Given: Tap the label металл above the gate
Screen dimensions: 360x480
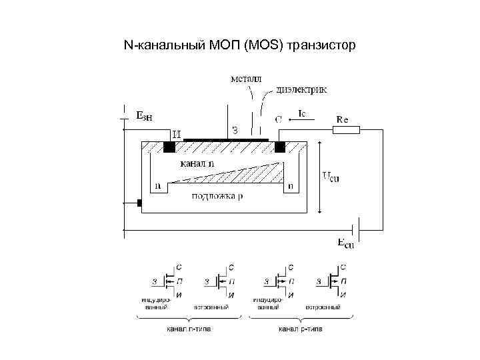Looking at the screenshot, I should [x=246, y=78].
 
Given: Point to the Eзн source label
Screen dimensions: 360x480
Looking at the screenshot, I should [x=145, y=115].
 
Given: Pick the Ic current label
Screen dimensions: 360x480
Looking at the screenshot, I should [x=303, y=114].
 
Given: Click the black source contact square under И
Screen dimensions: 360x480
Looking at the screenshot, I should [x=169, y=147].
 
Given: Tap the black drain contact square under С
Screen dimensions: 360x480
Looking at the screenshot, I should [x=280, y=147].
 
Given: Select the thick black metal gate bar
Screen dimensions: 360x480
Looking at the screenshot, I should [x=225, y=140].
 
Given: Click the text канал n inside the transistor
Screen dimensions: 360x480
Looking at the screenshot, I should [x=197, y=163].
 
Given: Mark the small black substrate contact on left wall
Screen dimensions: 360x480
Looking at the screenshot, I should [x=139, y=202].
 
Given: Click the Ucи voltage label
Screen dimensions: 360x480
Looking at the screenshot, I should [x=331, y=177].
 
